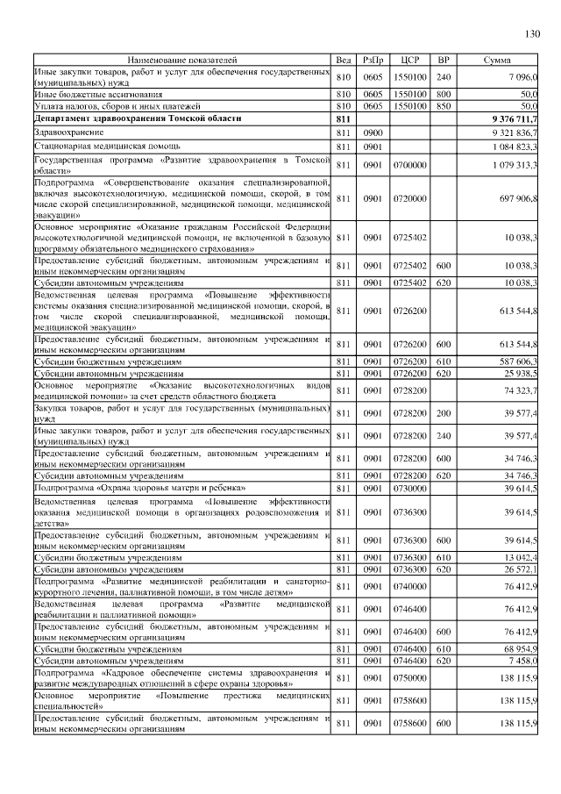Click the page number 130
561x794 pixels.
[532, 34]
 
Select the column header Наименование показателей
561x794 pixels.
[181, 60]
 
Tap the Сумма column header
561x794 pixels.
[502, 60]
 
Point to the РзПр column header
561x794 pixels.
[373, 60]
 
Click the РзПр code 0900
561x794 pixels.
[373, 132]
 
